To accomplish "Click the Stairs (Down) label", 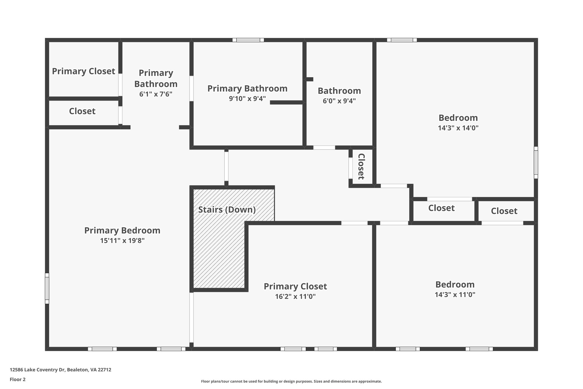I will point(227,210).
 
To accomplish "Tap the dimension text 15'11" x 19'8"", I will point(122,241).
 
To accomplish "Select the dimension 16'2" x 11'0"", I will point(295,297).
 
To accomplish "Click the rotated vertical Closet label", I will point(361,166).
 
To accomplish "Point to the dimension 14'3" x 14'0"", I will point(458,128).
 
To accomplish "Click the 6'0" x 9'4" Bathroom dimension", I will point(339,101).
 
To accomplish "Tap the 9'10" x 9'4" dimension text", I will point(247,99).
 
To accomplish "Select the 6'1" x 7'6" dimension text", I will point(156,94).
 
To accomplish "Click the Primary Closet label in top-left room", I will point(83,71).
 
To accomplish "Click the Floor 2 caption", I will point(18,379).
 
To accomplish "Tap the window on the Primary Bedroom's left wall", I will point(47,288).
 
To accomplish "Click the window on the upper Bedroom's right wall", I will point(536,162).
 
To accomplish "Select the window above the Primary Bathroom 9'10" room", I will point(248,40).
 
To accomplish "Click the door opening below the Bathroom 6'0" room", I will point(324,148).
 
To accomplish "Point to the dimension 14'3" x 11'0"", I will point(455,295).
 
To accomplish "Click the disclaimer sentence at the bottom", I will point(291,381).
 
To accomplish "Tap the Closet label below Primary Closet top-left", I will point(82,111).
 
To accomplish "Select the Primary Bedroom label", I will point(122,231).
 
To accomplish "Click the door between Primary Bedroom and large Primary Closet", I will point(192,317).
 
